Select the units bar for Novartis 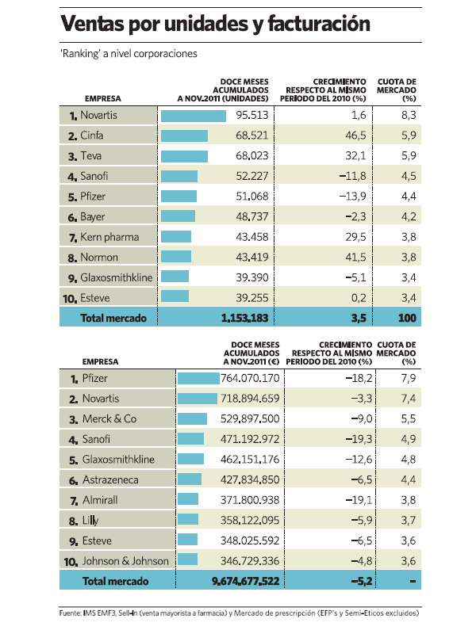coord(194,116)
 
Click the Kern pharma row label coord(109,237)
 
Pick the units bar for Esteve coord(175,297)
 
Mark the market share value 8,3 coord(409,116)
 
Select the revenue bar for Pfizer coord(198,379)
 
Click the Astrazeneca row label coord(113,479)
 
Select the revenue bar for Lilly coord(188,520)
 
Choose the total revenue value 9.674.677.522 coord(246,581)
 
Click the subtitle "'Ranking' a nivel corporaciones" coord(129,54)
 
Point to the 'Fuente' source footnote coord(238,613)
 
